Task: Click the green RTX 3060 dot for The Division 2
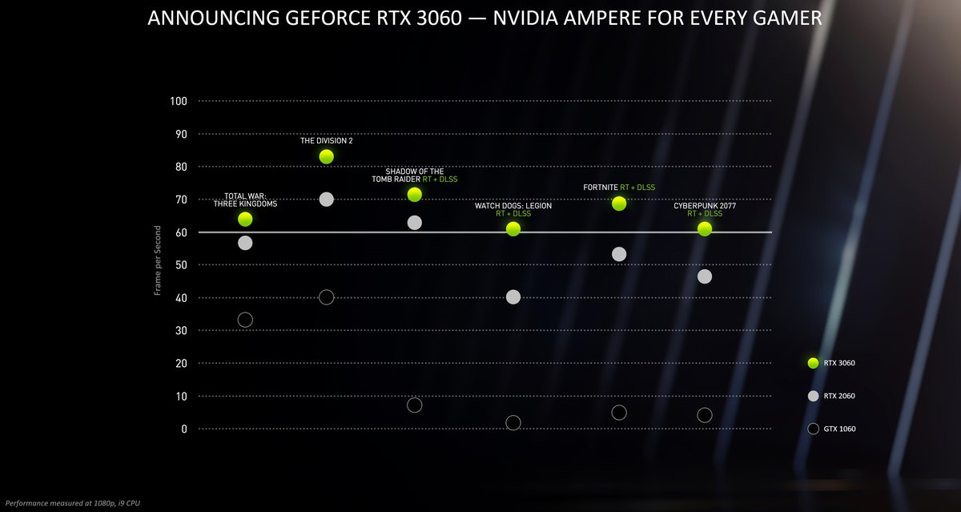coord(326,156)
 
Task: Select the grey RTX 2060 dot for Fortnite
coord(619,254)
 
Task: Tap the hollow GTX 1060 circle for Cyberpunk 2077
coord(705,415)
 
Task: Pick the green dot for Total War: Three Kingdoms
coord(245,219)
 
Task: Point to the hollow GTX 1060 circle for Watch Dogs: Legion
coord(513,422)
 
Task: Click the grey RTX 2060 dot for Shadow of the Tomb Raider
coord(415,223)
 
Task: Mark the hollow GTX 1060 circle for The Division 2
coord(326,297)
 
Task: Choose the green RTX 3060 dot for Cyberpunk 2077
coord(705,229)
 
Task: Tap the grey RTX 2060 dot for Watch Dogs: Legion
coord(513,297)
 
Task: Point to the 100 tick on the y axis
coord(178,101)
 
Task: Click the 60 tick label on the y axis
coord(180,232)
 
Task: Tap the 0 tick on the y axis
coord(183,429)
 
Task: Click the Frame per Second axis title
coord(158,260)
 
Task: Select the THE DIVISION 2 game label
coord(326,140)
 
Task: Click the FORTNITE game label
coord(600,187)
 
